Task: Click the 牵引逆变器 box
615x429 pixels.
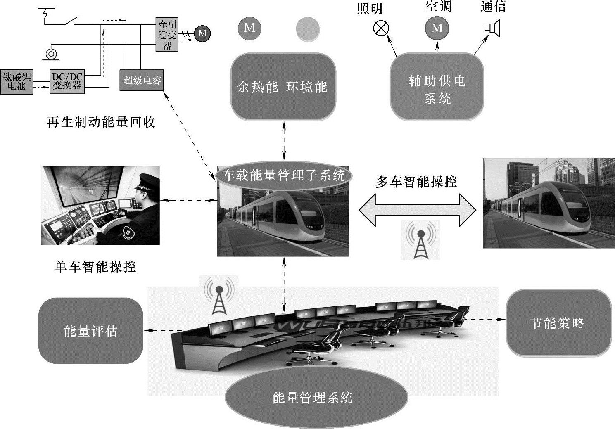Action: tap(167, 35)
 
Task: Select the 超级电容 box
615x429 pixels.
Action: tap(142, 80)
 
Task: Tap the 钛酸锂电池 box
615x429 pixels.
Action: tap(17, 82)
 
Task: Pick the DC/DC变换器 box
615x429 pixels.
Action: tap(67, 82)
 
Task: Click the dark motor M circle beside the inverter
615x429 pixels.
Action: tap(202, 33)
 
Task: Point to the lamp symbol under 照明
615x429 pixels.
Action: tap(381, 28)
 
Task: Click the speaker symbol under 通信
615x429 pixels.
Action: tap(492, 28)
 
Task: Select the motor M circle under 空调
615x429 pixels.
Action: tap(437, 28)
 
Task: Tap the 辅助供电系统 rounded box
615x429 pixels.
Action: tap(437, 87)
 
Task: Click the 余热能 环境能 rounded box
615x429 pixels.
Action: tap(283, 87)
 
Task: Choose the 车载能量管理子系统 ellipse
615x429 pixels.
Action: tap(284, 175)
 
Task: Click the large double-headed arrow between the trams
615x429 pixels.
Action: tap(417, 210)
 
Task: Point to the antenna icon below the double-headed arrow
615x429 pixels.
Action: tap(420, 240)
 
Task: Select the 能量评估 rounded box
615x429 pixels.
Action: tap(90, 331)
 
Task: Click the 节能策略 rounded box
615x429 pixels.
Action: tap(558, 323)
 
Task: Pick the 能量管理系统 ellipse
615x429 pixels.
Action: tap(316, 398)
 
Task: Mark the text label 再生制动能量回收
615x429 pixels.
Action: tap(101, 122)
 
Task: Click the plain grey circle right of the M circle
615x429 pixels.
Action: tap(308, 29)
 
